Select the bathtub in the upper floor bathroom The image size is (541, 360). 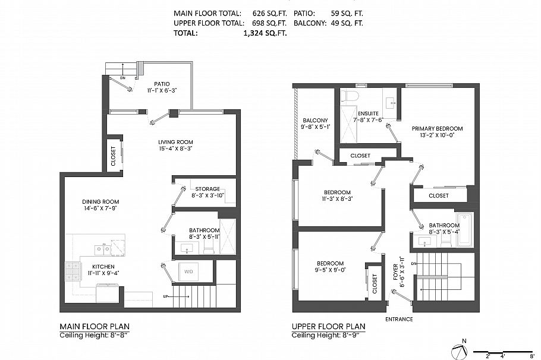tap(464, 229)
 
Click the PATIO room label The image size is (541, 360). tap(162, 84)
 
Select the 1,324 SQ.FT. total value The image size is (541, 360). tap(265, 34)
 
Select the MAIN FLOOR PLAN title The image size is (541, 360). tap(95, 327)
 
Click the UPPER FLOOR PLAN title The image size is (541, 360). tap(328, 327)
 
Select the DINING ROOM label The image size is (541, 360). tap(100, 202)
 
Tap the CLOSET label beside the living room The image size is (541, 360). tap(114, 156)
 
